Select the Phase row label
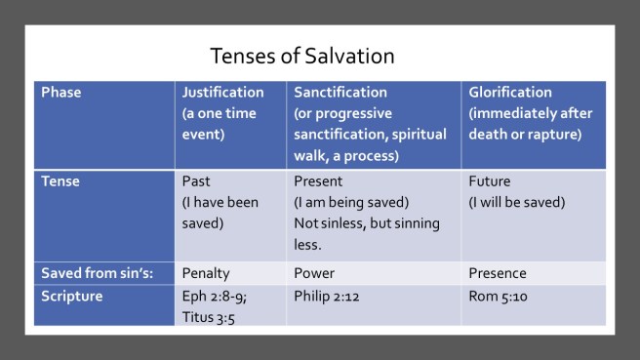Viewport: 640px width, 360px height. (x=61, y=92)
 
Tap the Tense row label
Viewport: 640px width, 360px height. (x=60, y=180)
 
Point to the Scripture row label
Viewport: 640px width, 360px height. (x=72, y=294)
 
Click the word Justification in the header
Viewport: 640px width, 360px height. (x=222, y=92)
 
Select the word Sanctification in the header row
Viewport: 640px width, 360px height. (x=340, y=92)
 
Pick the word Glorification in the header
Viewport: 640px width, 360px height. (x=513, y=92)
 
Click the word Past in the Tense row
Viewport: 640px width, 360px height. (x=197, y=180)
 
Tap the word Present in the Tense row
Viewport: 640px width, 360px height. (x=318, y=180)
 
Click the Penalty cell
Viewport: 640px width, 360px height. (x=207, y=274)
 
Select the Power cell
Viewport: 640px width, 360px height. (x=313, y=274)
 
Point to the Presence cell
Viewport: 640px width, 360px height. (x=498, y=274)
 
